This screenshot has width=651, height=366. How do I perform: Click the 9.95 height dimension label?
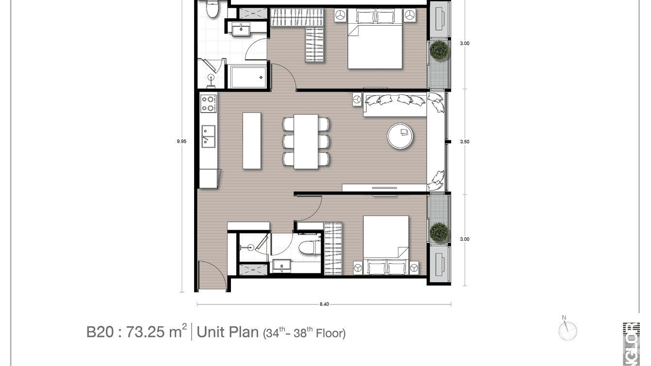click(181, 142)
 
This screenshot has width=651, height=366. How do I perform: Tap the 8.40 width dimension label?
click(324, 304)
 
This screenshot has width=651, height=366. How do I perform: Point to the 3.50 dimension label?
click(464, 142)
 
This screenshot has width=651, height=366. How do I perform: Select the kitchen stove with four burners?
click(209, 103)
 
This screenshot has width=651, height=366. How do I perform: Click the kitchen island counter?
click(251, 141)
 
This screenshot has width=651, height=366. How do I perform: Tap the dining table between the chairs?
click(306, 141)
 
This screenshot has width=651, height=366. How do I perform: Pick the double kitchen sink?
click(209, 135)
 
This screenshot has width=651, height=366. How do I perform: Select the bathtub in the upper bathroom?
click(247, 77)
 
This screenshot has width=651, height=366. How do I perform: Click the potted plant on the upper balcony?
click(439, 50)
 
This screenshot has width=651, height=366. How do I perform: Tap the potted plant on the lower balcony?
click(439, 232)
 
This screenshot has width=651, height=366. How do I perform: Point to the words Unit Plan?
click(228, 333)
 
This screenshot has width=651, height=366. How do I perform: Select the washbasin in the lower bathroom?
click(281, 266)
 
